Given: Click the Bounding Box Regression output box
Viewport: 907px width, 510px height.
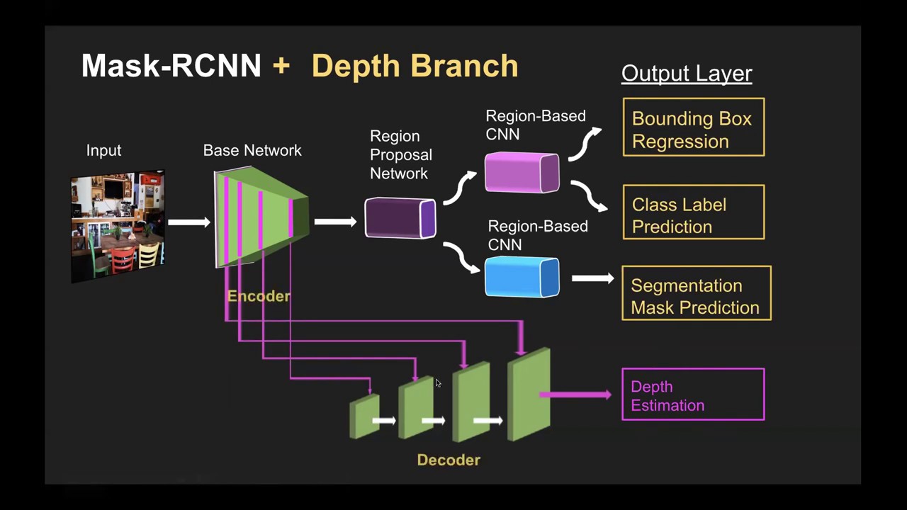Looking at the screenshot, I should tap(693, 127).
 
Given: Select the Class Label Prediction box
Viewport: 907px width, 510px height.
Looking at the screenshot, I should tap(693, 212).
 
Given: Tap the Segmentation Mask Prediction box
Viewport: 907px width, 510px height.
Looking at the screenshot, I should tap(696, 293).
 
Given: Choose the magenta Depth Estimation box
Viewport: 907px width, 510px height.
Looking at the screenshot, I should tap(692, 395).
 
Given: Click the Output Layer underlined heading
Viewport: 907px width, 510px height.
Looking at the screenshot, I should tap(686, 73).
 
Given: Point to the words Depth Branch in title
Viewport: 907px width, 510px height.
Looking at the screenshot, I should tap(415, 66).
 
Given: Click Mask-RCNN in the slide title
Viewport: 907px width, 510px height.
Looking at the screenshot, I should tap(171, 66).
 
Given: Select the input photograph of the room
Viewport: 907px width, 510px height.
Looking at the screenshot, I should tap(118, 225).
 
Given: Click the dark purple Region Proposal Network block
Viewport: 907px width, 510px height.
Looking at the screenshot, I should tap(400, 218).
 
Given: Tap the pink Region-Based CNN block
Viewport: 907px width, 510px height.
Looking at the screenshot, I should tap(522, 173).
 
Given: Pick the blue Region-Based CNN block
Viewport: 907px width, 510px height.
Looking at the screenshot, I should tap(522, 277).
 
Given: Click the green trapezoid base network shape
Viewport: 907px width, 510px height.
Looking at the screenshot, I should tap(261, 217).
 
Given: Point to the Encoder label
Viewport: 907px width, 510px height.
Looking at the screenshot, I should tap(259, 296).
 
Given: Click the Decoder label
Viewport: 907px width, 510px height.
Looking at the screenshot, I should tap(449, 460).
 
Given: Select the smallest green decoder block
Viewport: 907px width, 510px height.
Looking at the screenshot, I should tap(364, 416).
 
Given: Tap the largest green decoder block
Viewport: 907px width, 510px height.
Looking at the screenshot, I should tap(529, 394).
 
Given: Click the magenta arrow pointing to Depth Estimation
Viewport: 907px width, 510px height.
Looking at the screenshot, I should tap(578, 395).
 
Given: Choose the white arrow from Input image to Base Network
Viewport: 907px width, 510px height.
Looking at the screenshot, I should tap(189, 222).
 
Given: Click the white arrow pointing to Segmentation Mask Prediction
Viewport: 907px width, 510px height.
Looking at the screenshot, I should tap(592, 278).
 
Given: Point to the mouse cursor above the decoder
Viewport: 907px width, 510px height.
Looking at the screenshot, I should tap(438, 383).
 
